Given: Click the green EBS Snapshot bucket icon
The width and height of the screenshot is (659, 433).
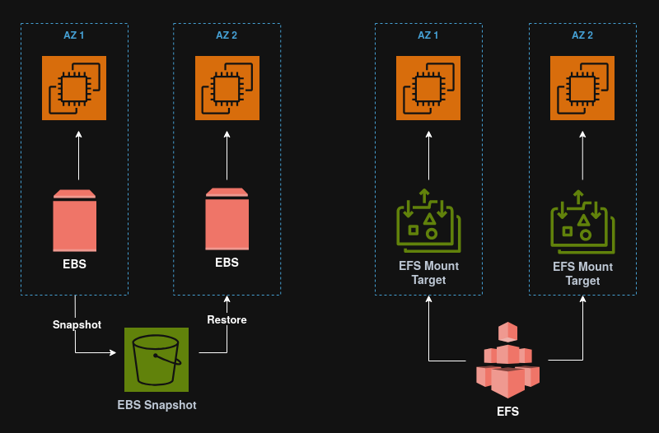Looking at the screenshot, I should point(157,359).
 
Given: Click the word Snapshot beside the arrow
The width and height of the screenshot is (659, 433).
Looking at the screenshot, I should point(77,324).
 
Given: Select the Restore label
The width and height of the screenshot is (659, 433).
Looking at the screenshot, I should point(227,319).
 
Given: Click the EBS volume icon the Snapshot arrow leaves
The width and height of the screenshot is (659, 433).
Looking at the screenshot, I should point(74,221).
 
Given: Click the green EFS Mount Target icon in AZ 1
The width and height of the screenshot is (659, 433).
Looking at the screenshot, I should point(428,219).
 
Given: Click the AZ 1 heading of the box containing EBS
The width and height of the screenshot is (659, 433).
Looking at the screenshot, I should point(74,35).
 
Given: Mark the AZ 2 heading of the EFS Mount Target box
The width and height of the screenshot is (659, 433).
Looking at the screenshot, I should point(582,35).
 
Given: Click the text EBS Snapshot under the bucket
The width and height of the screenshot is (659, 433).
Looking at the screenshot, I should point(157,405).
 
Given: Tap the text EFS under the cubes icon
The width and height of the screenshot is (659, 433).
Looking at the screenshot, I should point(507,411).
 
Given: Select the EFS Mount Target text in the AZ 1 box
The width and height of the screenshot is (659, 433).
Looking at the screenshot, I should point(428,273).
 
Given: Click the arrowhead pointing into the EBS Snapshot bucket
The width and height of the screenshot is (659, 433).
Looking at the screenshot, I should point(113,353).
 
